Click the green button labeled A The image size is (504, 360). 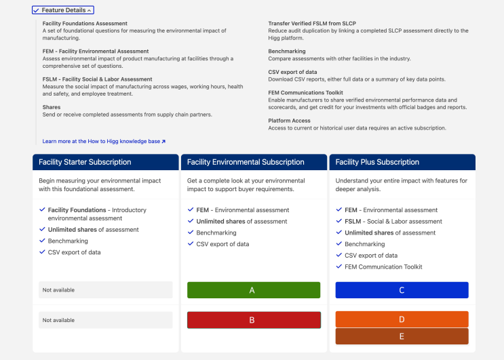(254, 290)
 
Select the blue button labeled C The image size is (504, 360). (402, 290)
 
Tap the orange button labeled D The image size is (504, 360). (402, 319)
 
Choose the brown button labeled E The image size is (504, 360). (402, 336)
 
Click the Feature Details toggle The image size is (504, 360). (62, 10)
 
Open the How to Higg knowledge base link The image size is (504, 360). (104, 141)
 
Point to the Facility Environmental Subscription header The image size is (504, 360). (246, 162)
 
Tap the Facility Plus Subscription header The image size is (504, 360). (377, 162)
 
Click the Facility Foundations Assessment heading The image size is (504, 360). (85, 24)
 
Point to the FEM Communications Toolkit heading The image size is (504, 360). (305, 92)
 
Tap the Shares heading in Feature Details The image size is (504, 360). (52, 107)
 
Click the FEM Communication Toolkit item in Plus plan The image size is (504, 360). (383, 266)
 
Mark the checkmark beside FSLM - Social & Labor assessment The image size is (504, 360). (338, 221)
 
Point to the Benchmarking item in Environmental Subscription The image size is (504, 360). (216, 233)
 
